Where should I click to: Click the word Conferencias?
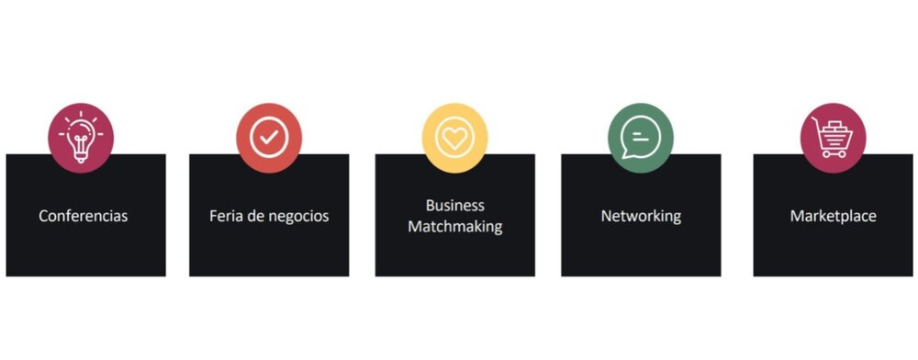tap(84, 216)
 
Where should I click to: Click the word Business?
tap(455, 206)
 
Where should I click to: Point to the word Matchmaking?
tap(455, 227)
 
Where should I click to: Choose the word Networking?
tap(641, 216)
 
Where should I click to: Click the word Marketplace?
tap(834, 216)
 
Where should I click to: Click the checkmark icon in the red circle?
tap(269, 138)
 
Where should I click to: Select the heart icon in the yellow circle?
tap(455, 138)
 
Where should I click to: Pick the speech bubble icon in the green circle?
tap(641, 138)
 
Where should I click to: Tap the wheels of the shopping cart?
tap(834, 154)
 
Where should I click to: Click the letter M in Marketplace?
tap(797, 216)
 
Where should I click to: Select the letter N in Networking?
tap(607, 216)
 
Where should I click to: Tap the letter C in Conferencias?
tap(43, 216)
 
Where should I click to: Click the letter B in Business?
tap(431, 206)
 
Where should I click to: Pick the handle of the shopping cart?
tap(814, 121)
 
